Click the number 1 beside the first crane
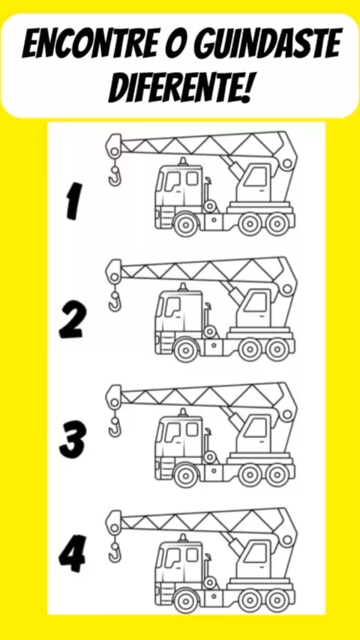coord(73,202)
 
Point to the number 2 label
coord(73,321)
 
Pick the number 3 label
coord(73,441)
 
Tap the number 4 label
coord(72,555)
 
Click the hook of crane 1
coord(115,175)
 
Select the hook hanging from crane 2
coord(115,301)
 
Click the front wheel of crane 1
coord(186,224)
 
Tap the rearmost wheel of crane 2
coord(277,349)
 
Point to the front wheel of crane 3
coord(186,475)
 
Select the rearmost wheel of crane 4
coord(277,601)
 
